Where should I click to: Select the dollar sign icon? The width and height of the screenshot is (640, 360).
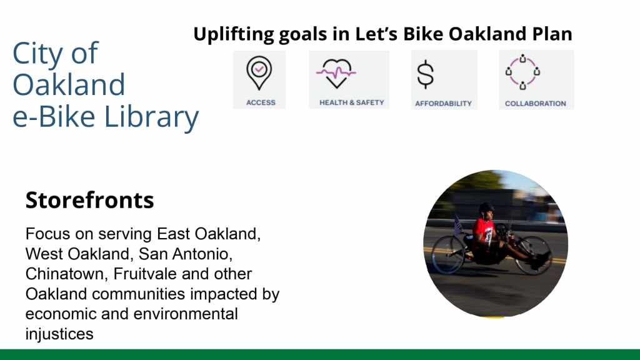pos(425,74)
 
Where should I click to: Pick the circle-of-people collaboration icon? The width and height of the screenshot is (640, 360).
pos(522,72)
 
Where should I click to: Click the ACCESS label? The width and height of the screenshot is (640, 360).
pos(261,102)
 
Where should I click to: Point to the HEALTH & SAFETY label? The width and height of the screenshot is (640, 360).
pos(351,102)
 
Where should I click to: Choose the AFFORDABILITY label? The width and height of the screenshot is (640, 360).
pos(443,104)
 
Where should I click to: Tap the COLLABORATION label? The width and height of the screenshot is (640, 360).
pos(536,104)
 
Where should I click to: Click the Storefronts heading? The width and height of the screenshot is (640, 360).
pos(90,200)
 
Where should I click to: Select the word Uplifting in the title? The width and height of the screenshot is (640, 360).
pos(234,34)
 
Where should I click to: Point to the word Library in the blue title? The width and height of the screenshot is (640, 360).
pos(151,117)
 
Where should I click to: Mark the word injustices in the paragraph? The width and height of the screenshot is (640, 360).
pos(59,334)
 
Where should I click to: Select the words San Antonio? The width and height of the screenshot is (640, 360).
pos(186,254)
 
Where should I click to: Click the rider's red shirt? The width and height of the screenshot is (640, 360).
pos(484,229)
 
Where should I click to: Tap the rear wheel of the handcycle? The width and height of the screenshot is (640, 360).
pos(448,254)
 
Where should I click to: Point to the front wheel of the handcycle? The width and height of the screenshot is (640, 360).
pos(534,255)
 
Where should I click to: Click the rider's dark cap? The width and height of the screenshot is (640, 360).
pos(486,207)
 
